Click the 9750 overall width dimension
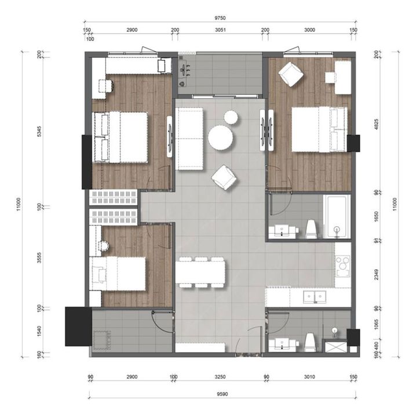pyautogui.click(x=220, y=18)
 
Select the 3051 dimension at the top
pyautogui.click(x=220, y=30)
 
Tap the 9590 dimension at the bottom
pyautogui.click(x=222, y=394)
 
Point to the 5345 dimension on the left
pyautogui.click(x=39, y=132)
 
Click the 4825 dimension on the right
pyautogui.click(x=376, y=125)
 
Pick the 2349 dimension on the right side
pyautogui.click(x=376, y=274)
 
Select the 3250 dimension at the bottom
pyautogui.click(x=220, y=377)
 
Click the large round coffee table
pyautogui.click(x=221, y=137)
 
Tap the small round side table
pyautogui.click(x=231, y=118)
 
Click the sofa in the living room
pyautogui.click(x=189, y=139)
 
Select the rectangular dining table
pyautogui.click(x=200, y=272)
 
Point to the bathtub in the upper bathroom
pyautogui.click(x=337, y=216)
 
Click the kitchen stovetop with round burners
pyautogui.click(x=343, y=266)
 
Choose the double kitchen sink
pyautogui.click(x=315, y=296)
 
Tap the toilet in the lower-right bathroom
pyautogui.click(x=311, y=342)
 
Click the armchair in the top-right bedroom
pyautogui.click(x=291, y=74)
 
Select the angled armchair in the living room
pyautogui.click(x=224, y=177)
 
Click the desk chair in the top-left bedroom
pyautogui.click(x=107, y=86)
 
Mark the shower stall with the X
pyautogui.click(x=335, y=346)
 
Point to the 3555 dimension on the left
pyautogui.click(x=39, y=258)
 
